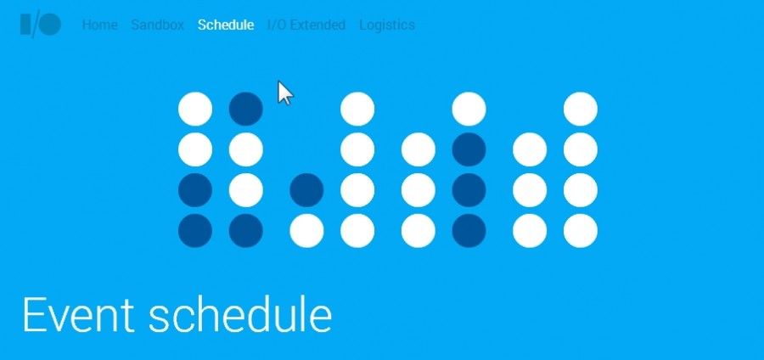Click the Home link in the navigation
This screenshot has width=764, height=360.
pyautogui.click(x=100, y=25)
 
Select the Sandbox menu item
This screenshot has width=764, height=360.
pyautogui.click(x=157, y=25)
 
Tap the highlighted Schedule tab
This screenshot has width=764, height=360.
pyautogui.click(x=226, y=25)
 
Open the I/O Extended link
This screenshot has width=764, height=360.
pyautogui.click(x=306, y=25)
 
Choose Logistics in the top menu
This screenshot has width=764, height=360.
pyautogui.click(x=387, y=25)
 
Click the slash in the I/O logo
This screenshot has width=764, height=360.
pyautogui.click(x=35, y=25)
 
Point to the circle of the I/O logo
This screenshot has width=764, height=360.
pyautogui.click(x=50, y=25)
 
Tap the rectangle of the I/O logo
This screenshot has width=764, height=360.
pyautogui.click(x=25, y=25)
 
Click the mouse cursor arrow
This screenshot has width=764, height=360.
pyautogui.click(x=284, y=93)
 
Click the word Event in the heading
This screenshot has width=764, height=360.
pyautogui.click(x=78, y=315)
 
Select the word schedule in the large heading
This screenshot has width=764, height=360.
pyautogui.click(x=240, y=315)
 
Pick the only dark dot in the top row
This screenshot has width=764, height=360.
pyautogui.click(x=246, y=109)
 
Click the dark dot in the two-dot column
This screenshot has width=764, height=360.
pyautogui.click(x=306, y=190)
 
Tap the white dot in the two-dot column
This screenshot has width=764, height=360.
pyautogui.click(x=306, y=230)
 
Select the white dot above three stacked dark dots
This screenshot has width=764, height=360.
pyautogui.click(x=469, y=109)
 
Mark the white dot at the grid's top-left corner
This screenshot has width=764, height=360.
pyautogui.click(x=195, y=109)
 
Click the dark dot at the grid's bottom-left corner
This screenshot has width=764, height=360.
pyautogui.click(x=195, y=230)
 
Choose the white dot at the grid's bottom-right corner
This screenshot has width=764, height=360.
pyautogui.click(x=581, y=230)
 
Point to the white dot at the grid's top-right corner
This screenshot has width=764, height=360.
pyautogui.click(x=581, y=109)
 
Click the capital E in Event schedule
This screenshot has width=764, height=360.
pyautogui.click(x=34, y=315)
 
